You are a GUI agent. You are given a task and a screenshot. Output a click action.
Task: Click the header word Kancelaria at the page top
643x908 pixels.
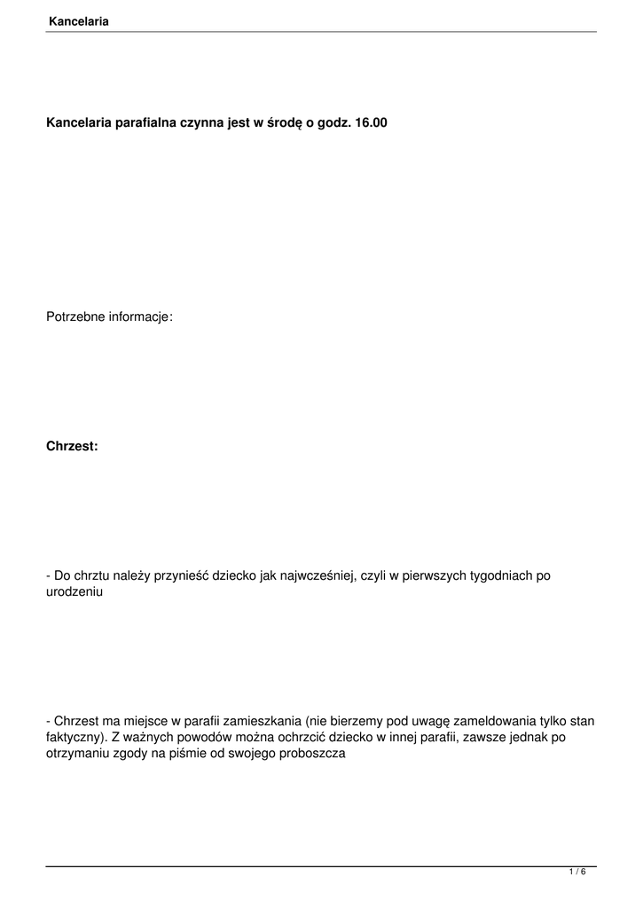(x=79, y=21)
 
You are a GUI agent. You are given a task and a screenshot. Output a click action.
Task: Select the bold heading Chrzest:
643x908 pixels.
(x=72, y=446)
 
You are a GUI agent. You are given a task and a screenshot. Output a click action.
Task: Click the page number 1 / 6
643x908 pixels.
(x=577, y=873)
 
